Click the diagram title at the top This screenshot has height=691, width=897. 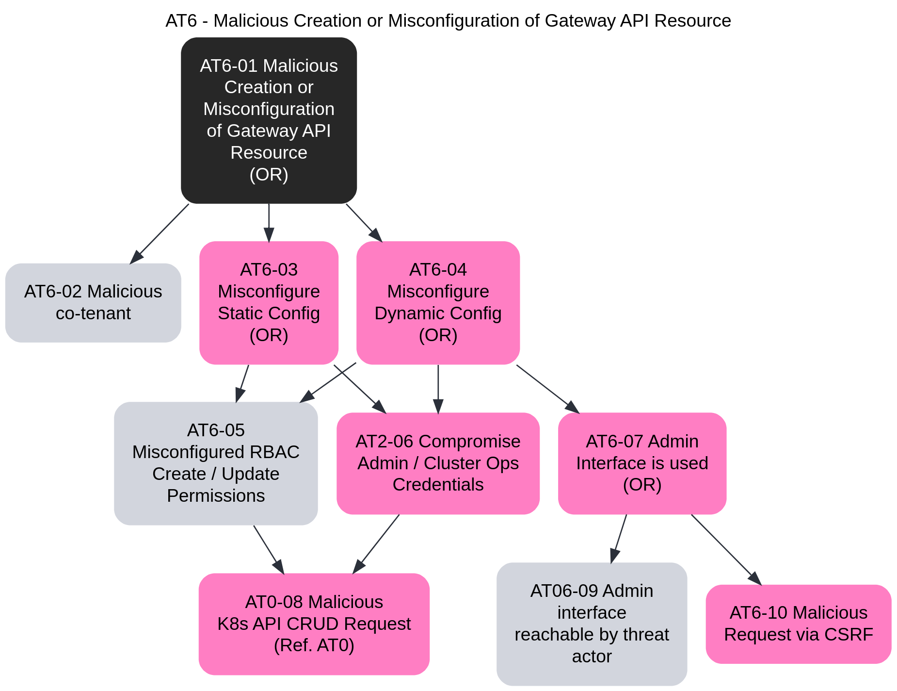[448, 21]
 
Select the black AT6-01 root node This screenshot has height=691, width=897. [269, 120]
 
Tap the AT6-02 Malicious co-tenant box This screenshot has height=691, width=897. [93, 303]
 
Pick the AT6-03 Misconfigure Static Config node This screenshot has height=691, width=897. [269, 303]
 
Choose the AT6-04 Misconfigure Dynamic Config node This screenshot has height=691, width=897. [438, 303]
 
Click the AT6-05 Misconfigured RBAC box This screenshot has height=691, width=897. [216, 463]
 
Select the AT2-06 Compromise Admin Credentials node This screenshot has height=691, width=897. [438, 463]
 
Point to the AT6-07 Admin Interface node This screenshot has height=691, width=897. [642, 463]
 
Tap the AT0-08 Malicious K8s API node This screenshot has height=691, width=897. [314, 624]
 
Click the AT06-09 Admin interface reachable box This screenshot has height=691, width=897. [592, 624]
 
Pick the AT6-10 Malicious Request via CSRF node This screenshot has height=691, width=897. [798, 624]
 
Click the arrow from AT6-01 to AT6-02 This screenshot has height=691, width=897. [160, 233]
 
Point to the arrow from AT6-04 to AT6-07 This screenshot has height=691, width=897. [548, 389]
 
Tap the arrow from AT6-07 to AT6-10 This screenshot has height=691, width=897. [726, 549]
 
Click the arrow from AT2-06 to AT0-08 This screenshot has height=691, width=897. [376, 543]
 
